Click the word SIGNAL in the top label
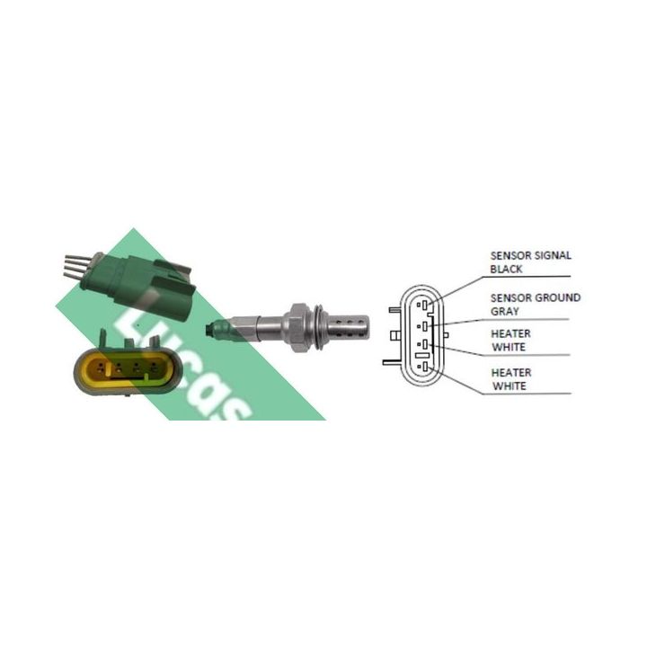(551, 256)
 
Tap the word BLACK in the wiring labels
(506, 269)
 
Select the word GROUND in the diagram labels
(556, 298)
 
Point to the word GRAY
(505, 312)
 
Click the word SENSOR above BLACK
(509, 256)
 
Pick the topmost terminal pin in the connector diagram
(424, 306)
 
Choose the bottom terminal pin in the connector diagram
(425, 367)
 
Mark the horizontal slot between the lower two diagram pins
(423, 355)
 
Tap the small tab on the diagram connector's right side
(446, 333)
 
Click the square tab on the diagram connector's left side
(394, 335)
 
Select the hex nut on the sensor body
(297, 327)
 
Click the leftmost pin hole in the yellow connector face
(100, 366)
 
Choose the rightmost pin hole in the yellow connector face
(154, 365)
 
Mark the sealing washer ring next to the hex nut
(319, 327)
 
